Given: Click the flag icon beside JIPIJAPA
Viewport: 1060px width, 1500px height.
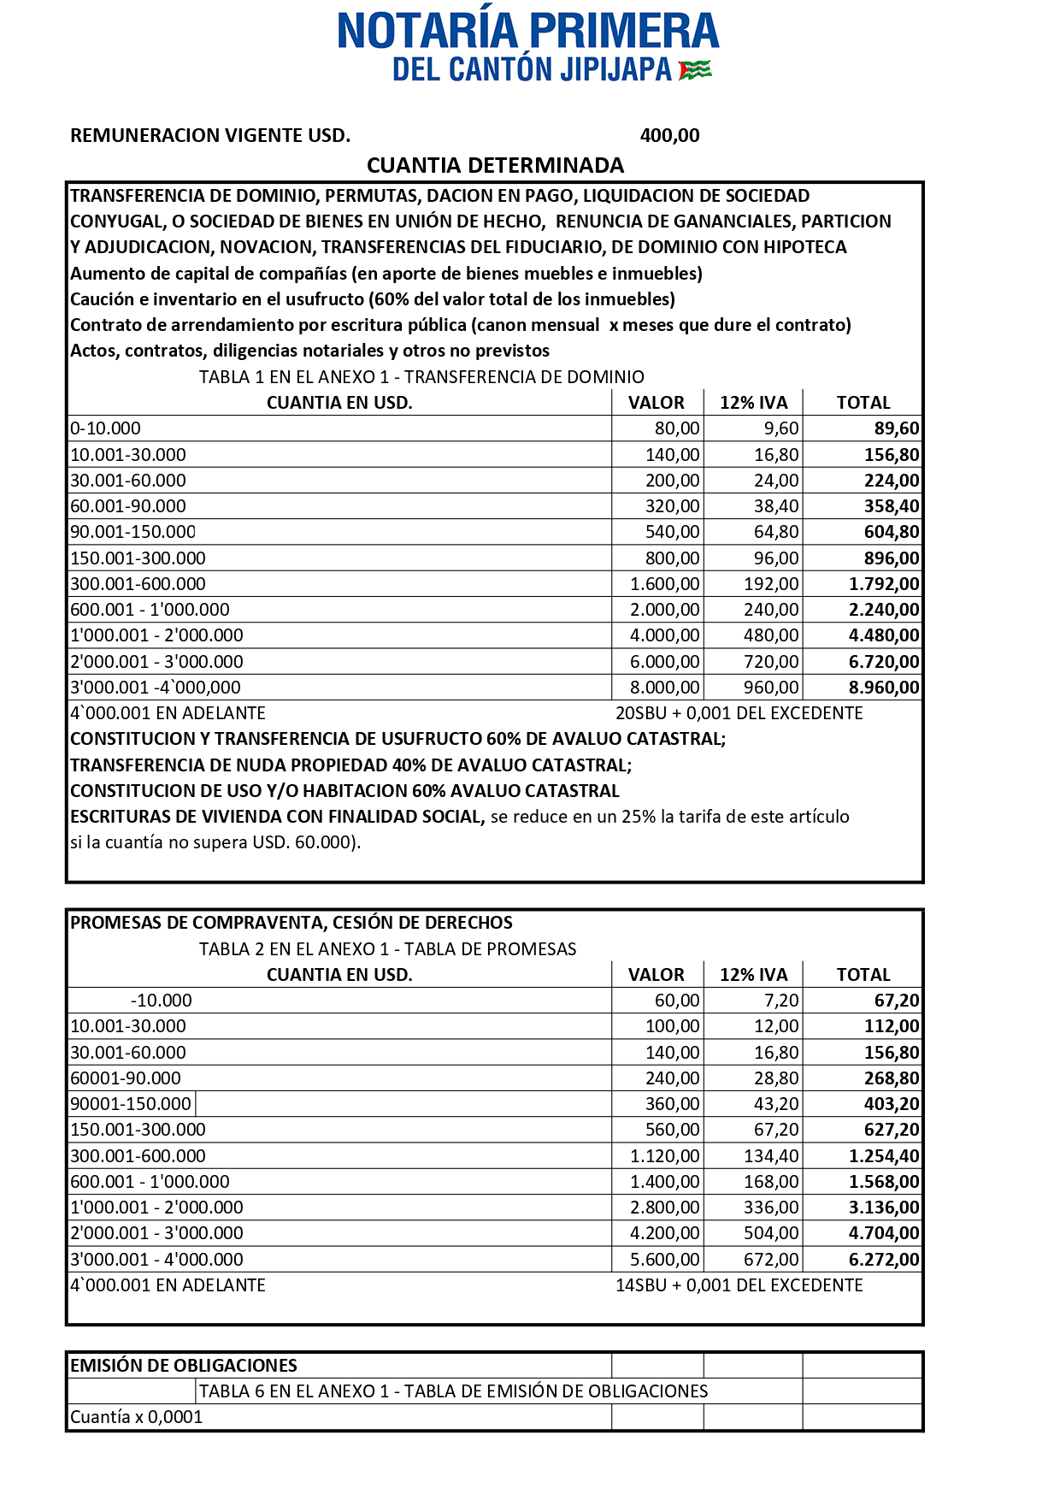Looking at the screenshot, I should click(x=695, y=70).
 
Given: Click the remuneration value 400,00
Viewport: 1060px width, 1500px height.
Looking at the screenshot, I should click(x=669, y=135).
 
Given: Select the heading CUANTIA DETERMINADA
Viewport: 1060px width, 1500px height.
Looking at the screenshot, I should click(x=495, y=165).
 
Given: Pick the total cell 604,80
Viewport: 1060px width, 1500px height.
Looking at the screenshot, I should click(x=892, y=532).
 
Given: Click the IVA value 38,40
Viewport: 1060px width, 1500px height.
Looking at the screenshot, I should click(x=776, y=506).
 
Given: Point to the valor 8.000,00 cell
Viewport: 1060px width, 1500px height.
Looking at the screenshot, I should click(x=665, y=688).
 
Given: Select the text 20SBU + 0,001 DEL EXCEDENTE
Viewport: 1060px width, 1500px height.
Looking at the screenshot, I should click(x=739, y=713).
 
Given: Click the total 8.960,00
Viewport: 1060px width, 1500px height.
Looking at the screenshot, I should click(x=884, y=688).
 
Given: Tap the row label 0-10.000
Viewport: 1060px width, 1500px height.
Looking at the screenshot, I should click(x=105, y=428).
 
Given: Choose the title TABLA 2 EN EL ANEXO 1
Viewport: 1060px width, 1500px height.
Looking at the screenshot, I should click(x=387, y=949).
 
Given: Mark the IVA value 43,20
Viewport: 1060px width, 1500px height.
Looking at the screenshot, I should click(x=776, y=1104).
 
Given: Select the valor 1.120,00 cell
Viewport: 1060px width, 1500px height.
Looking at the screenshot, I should click(x=665, y=1156).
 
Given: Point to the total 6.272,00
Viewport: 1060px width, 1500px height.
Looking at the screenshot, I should click(x=884, y=1260).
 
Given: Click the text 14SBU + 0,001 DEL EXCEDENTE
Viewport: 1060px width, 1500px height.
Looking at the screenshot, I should click(x=739, y=1285).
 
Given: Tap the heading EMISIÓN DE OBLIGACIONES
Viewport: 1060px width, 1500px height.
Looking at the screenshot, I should click(x=183, y=1366).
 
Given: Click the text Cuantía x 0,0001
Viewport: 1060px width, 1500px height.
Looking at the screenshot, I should click(x=136, y=1417).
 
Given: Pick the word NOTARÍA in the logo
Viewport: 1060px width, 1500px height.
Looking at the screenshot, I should click(x=428, y=31).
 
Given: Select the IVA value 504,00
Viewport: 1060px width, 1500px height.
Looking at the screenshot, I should click(x=771, y=1233).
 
